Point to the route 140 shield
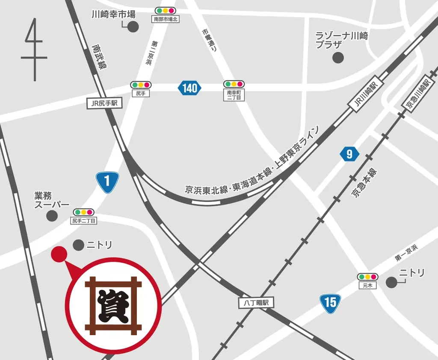pos(189,89)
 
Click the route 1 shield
pos(107,181)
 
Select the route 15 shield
pos(330,302)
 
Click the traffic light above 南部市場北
pos(166,10)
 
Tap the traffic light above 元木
pos(367,277)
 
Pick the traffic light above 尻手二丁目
pos(83,212)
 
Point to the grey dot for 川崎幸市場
pos(133,27)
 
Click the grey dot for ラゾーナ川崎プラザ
pos(338,57)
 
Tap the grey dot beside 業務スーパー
pos(52,216)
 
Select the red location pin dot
pos(58,254)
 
